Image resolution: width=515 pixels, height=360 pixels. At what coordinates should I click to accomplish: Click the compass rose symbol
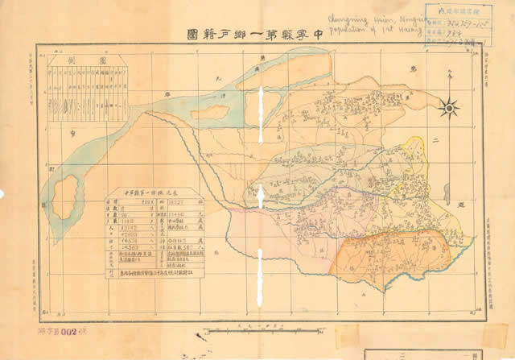[x=449, y=106]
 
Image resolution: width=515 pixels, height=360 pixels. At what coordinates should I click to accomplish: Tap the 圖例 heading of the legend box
[x=79, y=60]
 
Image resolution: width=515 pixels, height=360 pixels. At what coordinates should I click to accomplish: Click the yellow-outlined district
[x=412, y=161]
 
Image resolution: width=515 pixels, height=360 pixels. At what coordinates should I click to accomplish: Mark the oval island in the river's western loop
[x=64, y=201]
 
